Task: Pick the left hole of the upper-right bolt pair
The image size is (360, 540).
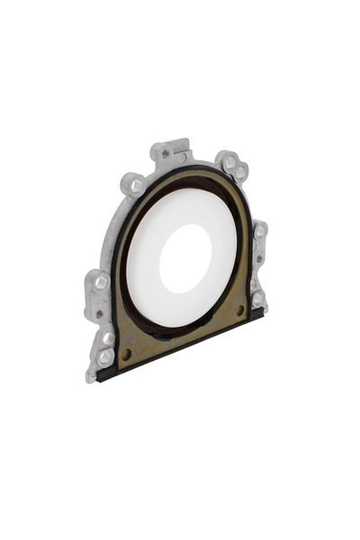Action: click(229, 163)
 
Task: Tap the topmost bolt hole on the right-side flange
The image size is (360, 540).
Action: click(259, 231)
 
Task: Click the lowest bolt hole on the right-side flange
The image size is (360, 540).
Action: click(257, 298)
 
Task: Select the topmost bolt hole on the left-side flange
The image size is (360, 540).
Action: click(101, 283)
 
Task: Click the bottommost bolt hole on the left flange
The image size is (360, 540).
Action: click(105, 356)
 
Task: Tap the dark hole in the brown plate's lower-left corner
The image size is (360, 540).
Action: click(126, 354)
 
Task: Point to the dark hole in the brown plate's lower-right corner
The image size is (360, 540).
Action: click(239, 310)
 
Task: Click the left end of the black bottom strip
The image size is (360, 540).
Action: click(101, 375)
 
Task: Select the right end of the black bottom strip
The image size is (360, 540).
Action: click(262, 312)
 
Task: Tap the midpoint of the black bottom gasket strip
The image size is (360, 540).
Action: click(180, 345)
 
